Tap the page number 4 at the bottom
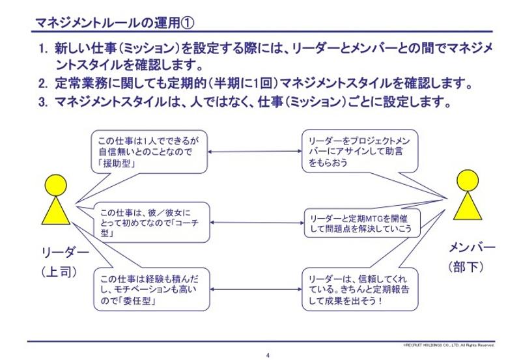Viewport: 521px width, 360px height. click(x=268, y=355)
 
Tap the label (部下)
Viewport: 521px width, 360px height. click(x=470, y=267)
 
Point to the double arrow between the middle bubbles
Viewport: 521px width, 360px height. click(x=255, y=223)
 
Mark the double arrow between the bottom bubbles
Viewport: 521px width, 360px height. click(x=255, y=288)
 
